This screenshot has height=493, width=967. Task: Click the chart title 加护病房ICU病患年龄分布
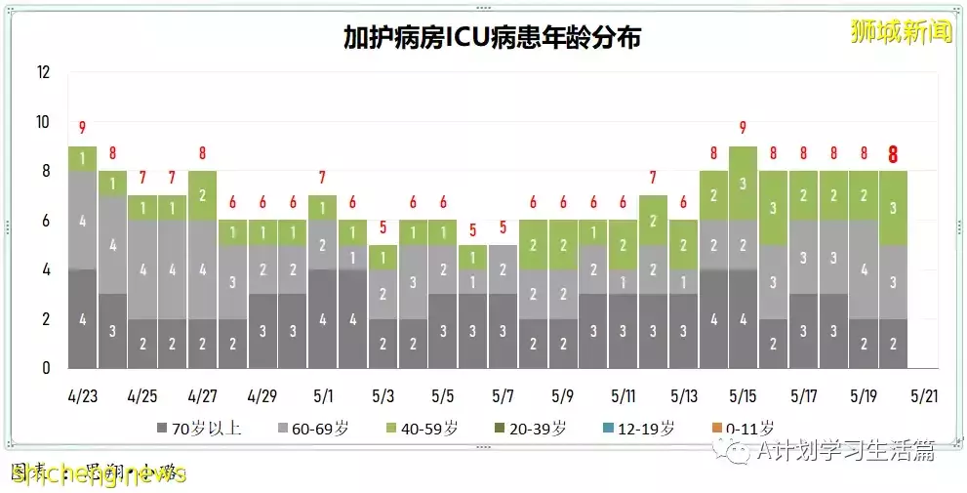pyautogui.click(x=492, y=37)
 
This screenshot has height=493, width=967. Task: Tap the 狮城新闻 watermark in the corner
pyautogui.click(x=901, y=31)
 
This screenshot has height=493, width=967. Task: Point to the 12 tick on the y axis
pyautogui.click(x=42, y=72)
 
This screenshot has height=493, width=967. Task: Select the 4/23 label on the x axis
pyautogui.click(x=82, y=397)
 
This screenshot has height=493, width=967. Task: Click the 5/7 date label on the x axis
pyautogui.click(x=503, y=397)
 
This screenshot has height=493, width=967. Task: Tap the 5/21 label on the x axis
pyautogui.click(x=923, y=397)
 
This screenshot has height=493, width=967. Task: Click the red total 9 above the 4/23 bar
pyautogui.click(x=83, y=128)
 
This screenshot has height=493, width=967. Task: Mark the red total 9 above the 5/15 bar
pyautogui.click(x=744, y=128)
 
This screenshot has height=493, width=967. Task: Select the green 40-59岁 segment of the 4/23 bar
pyautogui.click(x=83, y=158)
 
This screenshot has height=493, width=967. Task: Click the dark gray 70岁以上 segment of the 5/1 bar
pyautogui.click(x=323, y=318)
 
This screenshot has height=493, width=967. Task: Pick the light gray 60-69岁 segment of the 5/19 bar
pyautogui.click(x=864, y=269)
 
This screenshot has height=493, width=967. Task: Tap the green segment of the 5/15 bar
pyautogui.click(x=744, y=184)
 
